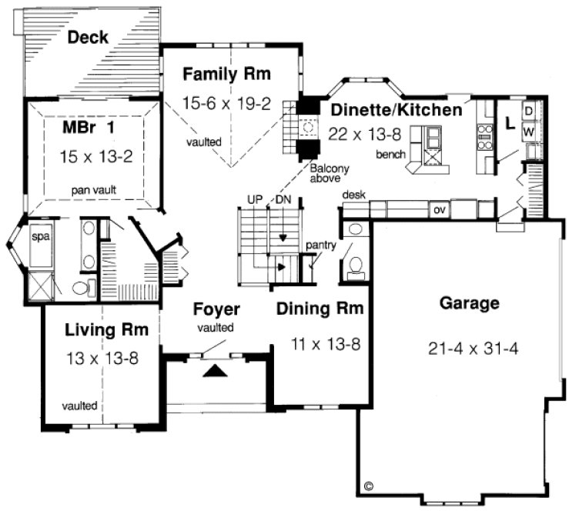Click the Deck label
(87, 37)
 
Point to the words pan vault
(95, 189)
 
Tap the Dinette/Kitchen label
(397, 110)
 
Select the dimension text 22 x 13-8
(365, 134)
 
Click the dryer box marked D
(529, 111)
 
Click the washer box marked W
(529, 132)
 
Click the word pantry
(320, 245)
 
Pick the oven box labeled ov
(439, 209)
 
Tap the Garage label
(469, 302)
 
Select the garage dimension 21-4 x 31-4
(473, 348)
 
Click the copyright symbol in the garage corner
(368, 486)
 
